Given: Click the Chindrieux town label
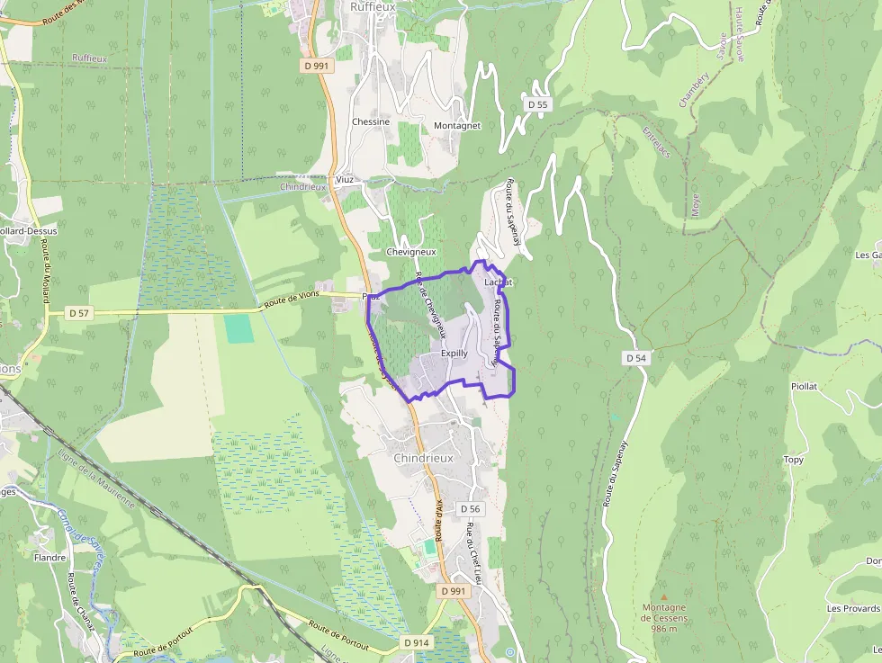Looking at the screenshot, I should (x=423, y=458).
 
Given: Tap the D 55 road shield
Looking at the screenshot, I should (x=537, y=104).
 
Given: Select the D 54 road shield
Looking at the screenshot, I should (x=635, y=358).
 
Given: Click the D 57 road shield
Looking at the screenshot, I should (x=78, y=313).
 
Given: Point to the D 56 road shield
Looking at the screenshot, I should (x=471, y=509).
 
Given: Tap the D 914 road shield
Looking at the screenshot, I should (x=417, y=642).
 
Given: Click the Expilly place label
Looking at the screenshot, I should (x=454, y=354).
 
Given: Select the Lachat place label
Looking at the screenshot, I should (x=498, y=282).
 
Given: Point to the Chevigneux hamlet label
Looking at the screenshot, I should (x=410, y=252).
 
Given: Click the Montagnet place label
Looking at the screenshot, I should (x=457, y=126).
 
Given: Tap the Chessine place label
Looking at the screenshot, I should (x=371, y=122).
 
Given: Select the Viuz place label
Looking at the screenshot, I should (x=345, y=180).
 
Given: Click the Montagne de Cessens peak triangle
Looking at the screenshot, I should (x=664, y=596).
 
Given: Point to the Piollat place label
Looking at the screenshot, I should (x=804, y=386).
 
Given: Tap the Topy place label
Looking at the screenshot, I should (x=793, y=460).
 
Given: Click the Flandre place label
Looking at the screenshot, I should (x=49, y=558).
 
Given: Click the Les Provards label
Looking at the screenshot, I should (x=853, y=608).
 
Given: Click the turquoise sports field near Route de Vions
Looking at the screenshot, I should (x=238, y=327).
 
